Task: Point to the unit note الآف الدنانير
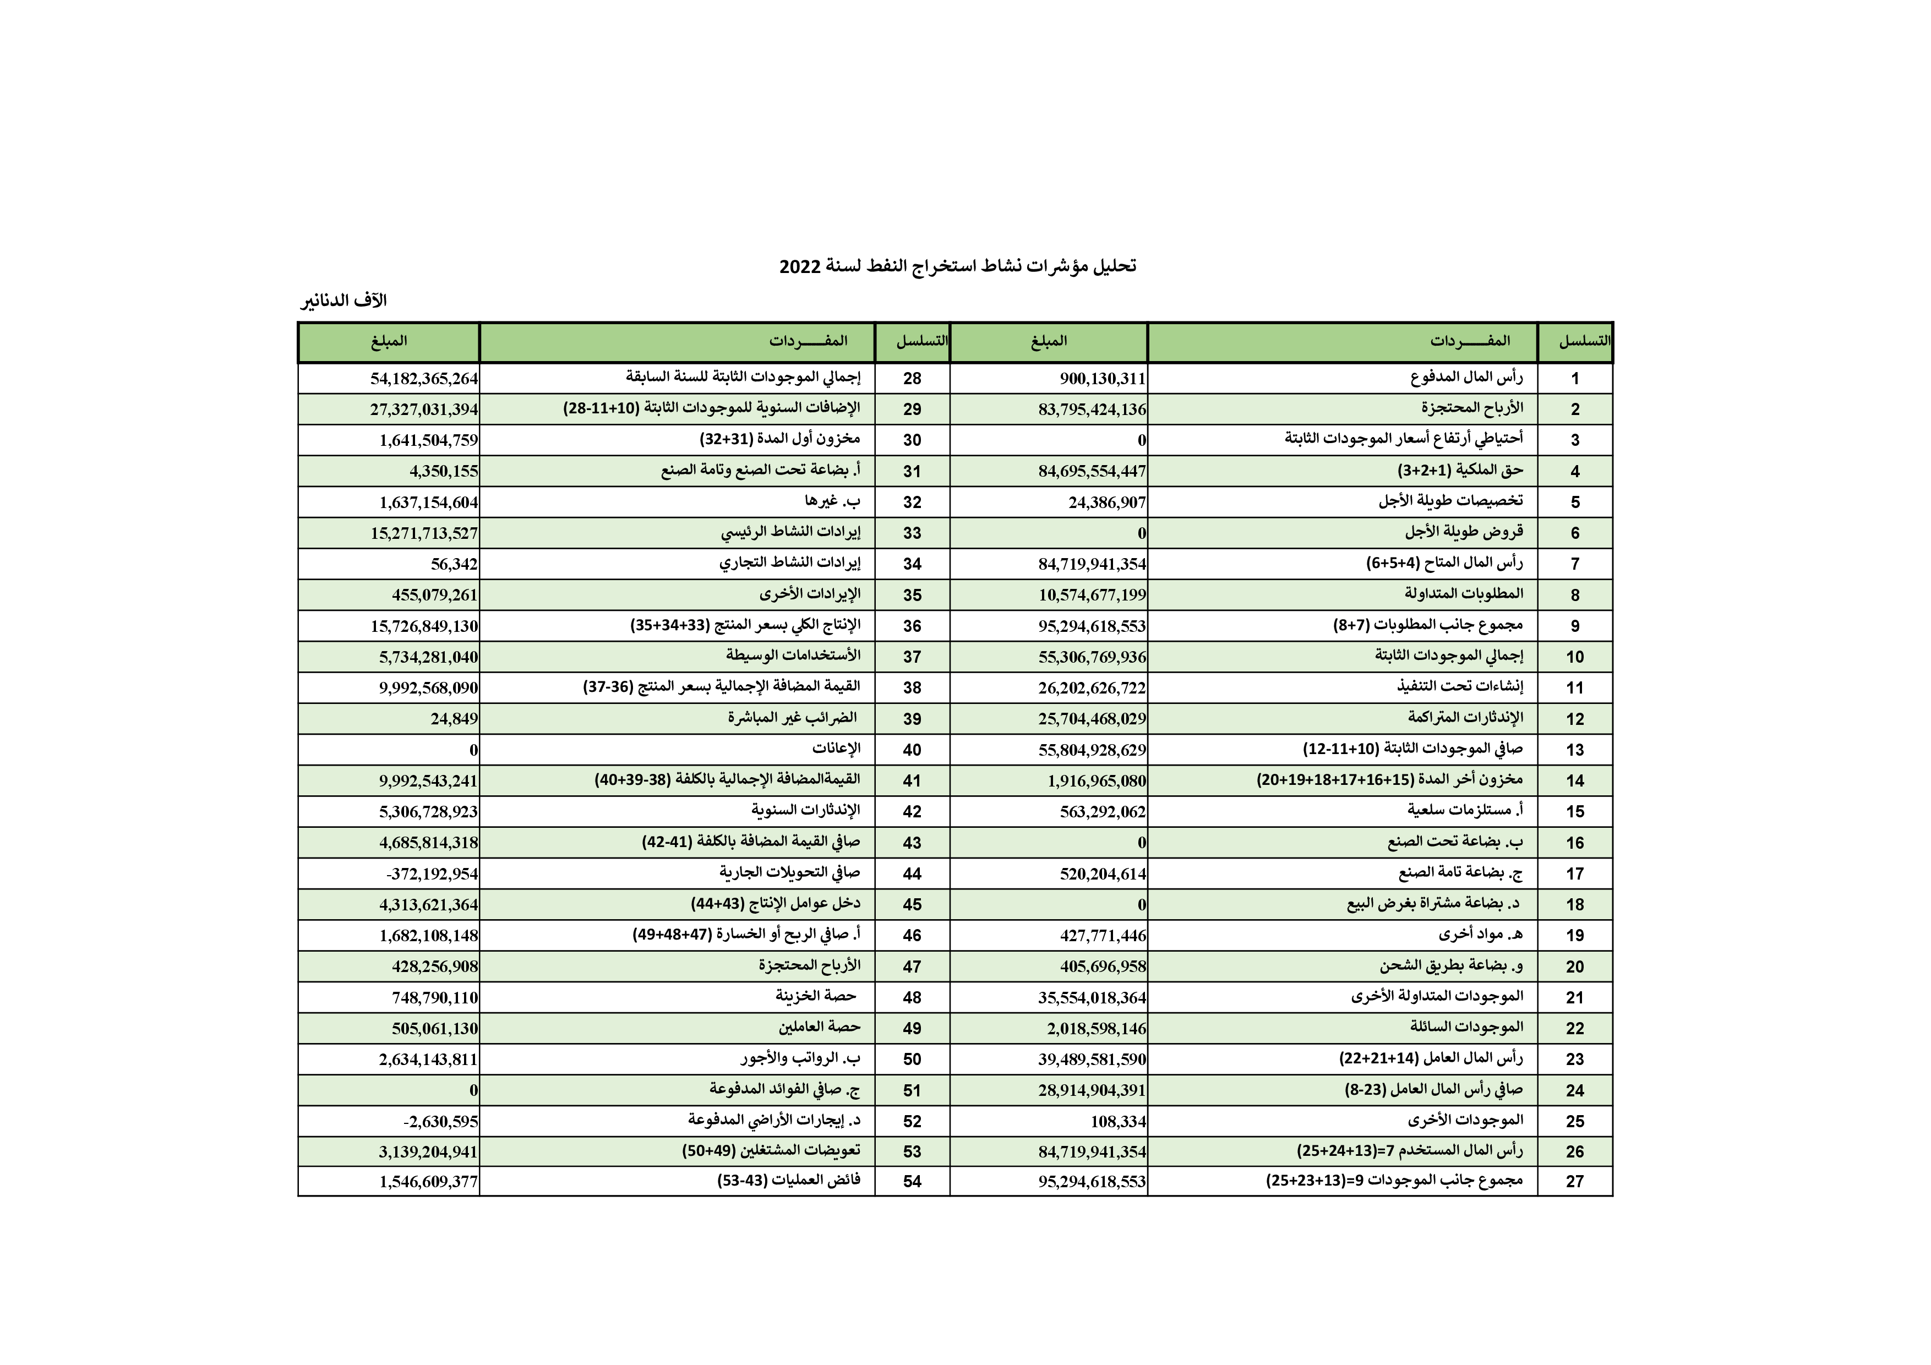(x=344, y=301)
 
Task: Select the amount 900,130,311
(x=1102, y=379)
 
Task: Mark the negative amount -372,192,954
(x=432, y=874)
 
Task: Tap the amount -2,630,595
(x=441, y=1121)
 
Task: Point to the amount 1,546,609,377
(x=428, y=1182)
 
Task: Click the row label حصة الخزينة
(x=815, y=997)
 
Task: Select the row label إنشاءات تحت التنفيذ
(x=1459, y=687)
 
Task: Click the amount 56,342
(x=454, y=564)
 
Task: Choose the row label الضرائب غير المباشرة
(x=792, y=718)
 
